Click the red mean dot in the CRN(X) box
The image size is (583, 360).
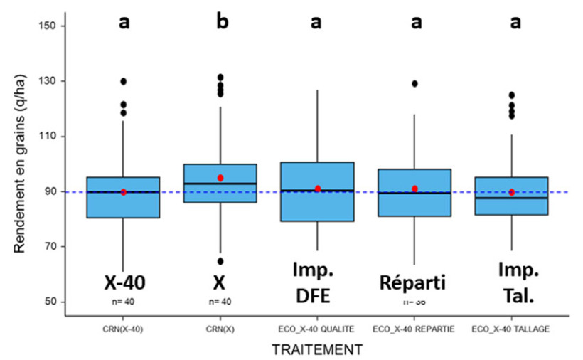coord(220,178)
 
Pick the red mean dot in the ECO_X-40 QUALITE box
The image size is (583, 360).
coord(318,189)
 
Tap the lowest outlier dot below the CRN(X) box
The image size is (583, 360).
coord(220,261)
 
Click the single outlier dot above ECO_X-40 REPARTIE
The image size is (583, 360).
coord(414,84)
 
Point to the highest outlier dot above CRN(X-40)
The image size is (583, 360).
coord(124,81)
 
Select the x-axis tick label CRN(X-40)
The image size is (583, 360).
coord(124,329)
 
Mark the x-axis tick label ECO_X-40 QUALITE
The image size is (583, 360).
coord(318,329)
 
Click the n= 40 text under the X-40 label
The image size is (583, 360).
coord(124,301)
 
